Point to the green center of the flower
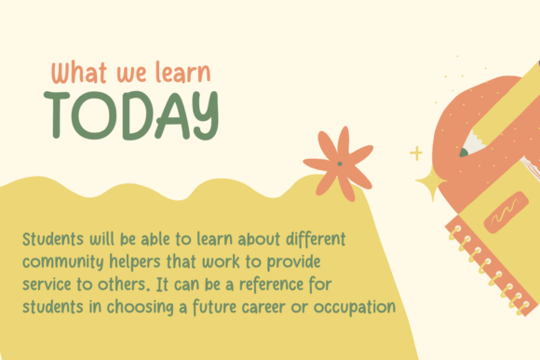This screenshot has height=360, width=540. (340, 165)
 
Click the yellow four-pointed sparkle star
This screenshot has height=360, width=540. (430, 183)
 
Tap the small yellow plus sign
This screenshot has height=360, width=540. (415, 153)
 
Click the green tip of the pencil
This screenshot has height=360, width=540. (462, 152)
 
